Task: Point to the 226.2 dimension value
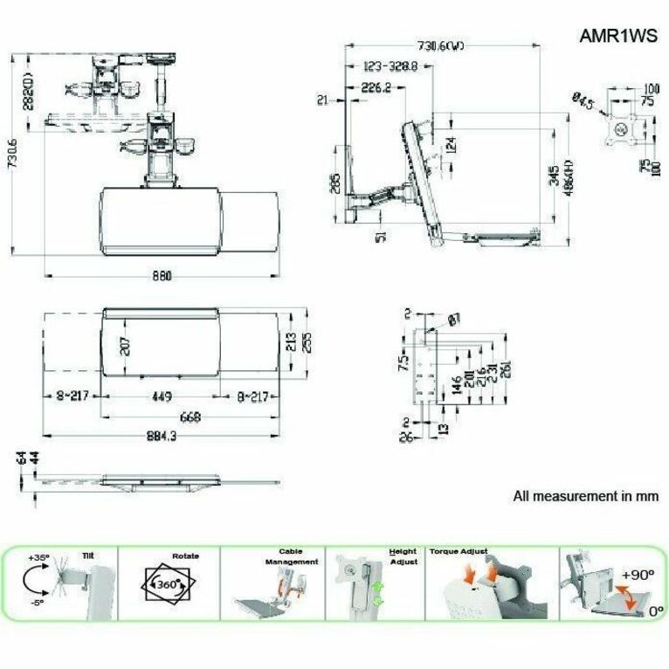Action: click(x=376, y=87)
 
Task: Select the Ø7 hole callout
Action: click(x=453, y=321)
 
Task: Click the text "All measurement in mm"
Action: click(x=585, y=496)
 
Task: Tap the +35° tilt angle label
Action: click(x=37, y=556)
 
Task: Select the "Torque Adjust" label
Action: click(x=458, y=552)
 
